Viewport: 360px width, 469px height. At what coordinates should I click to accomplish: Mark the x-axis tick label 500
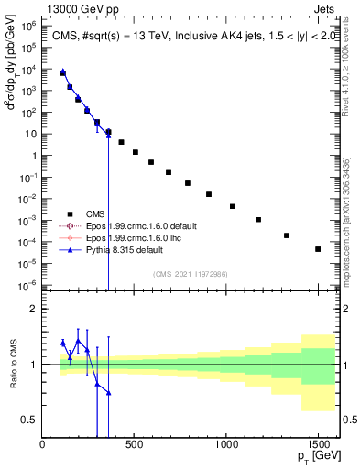[x=135, y=445]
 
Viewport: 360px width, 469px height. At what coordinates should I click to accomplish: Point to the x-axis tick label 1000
[x=226, y=445]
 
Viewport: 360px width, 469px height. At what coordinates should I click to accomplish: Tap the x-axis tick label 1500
[x=318, y=445]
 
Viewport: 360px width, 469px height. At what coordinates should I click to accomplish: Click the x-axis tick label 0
[x=43, y=445]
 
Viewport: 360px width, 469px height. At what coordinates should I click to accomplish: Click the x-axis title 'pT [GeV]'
[x=312, y=459]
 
